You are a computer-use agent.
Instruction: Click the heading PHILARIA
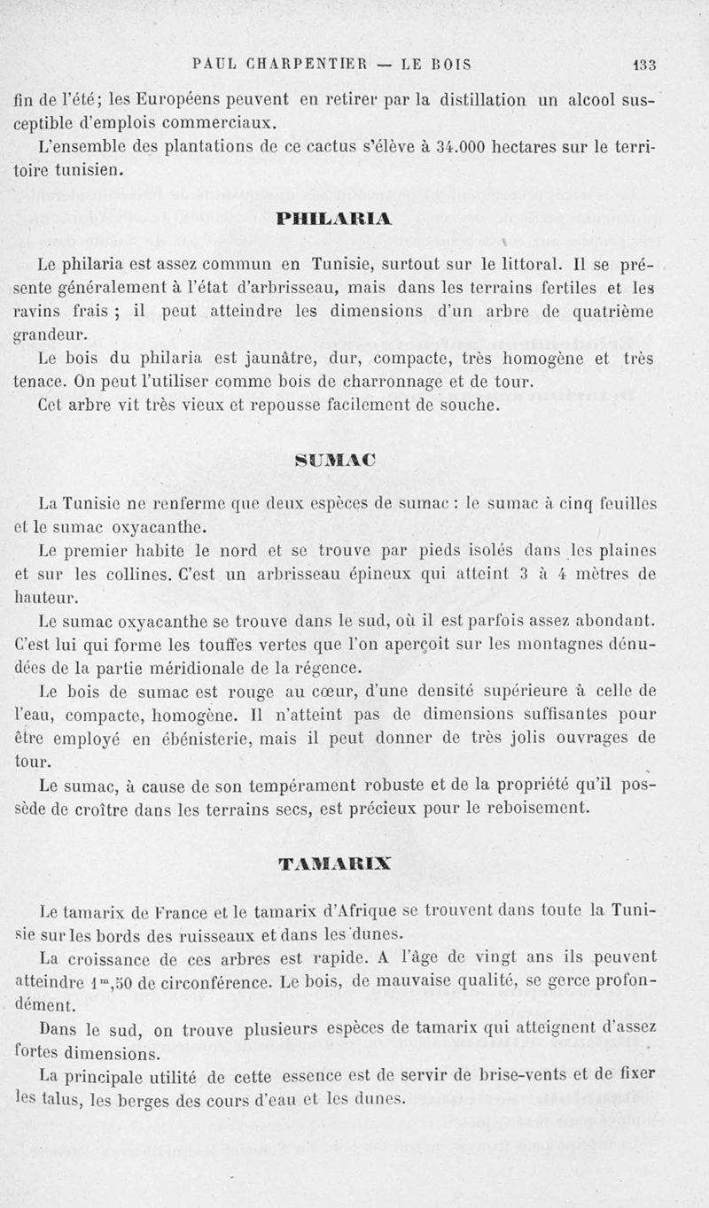(x=334, y=217)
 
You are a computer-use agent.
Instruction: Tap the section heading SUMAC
(x=335, y=459)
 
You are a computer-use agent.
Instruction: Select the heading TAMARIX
(x=335, y=862)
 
